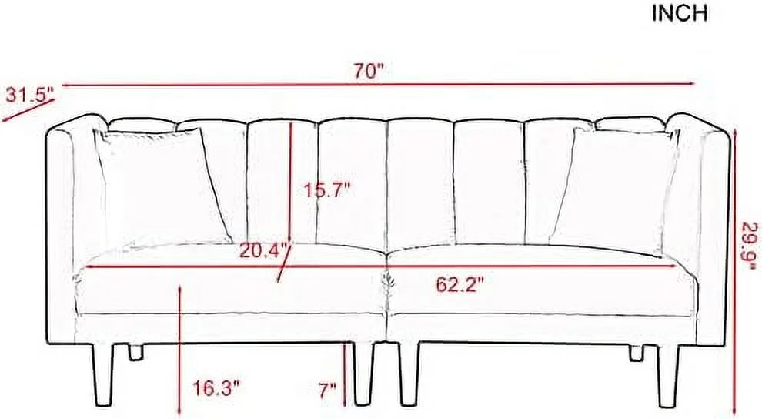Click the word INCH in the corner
point(680,14)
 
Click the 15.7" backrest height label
point(327,189)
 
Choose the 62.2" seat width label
point(460,285)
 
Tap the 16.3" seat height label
point(216,388)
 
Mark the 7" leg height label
point(328,390)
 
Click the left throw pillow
point(163,187)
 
